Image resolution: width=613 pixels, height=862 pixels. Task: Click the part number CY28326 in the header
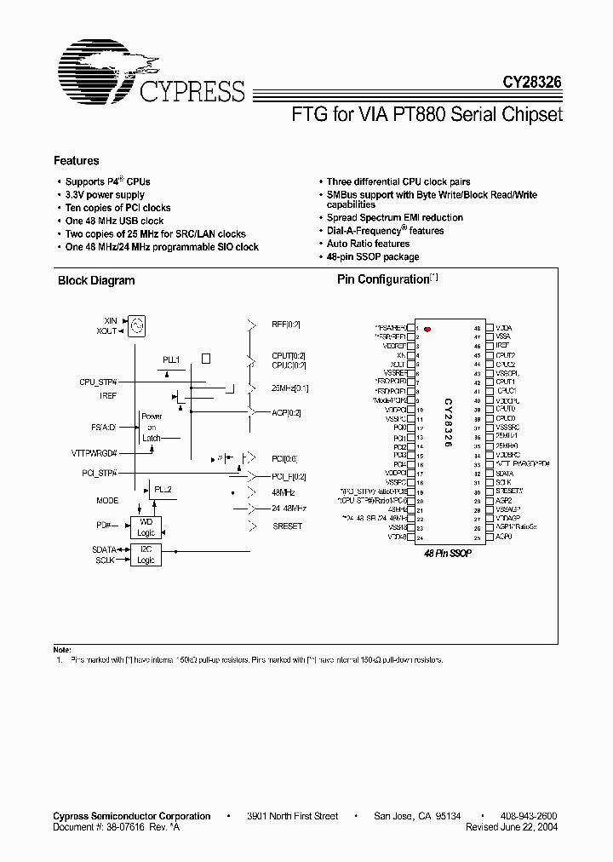click(x=531, y=83)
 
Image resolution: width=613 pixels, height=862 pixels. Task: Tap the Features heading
click(x=76, y=161)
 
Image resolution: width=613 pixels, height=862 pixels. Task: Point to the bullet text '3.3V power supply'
click(x=105, y=195)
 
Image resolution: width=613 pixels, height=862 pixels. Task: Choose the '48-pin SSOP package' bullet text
click(x=373, y=256)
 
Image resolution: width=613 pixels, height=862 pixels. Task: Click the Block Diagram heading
click(x=96, y=280)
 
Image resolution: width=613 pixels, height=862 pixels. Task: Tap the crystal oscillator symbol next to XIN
click(x=140, y=325)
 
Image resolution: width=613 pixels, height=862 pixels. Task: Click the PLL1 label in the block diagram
click(x=171, y=360)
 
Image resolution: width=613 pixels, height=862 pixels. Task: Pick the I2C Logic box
click(x=146, y=555)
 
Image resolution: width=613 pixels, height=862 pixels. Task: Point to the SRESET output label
click(x=287, y=526)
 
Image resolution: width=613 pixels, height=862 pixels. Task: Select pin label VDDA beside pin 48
click(x=503, y=328)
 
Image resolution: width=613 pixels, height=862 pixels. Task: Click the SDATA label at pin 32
click(x=504, y=474)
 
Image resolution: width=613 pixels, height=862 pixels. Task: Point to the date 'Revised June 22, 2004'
click(x=513, y=827)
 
